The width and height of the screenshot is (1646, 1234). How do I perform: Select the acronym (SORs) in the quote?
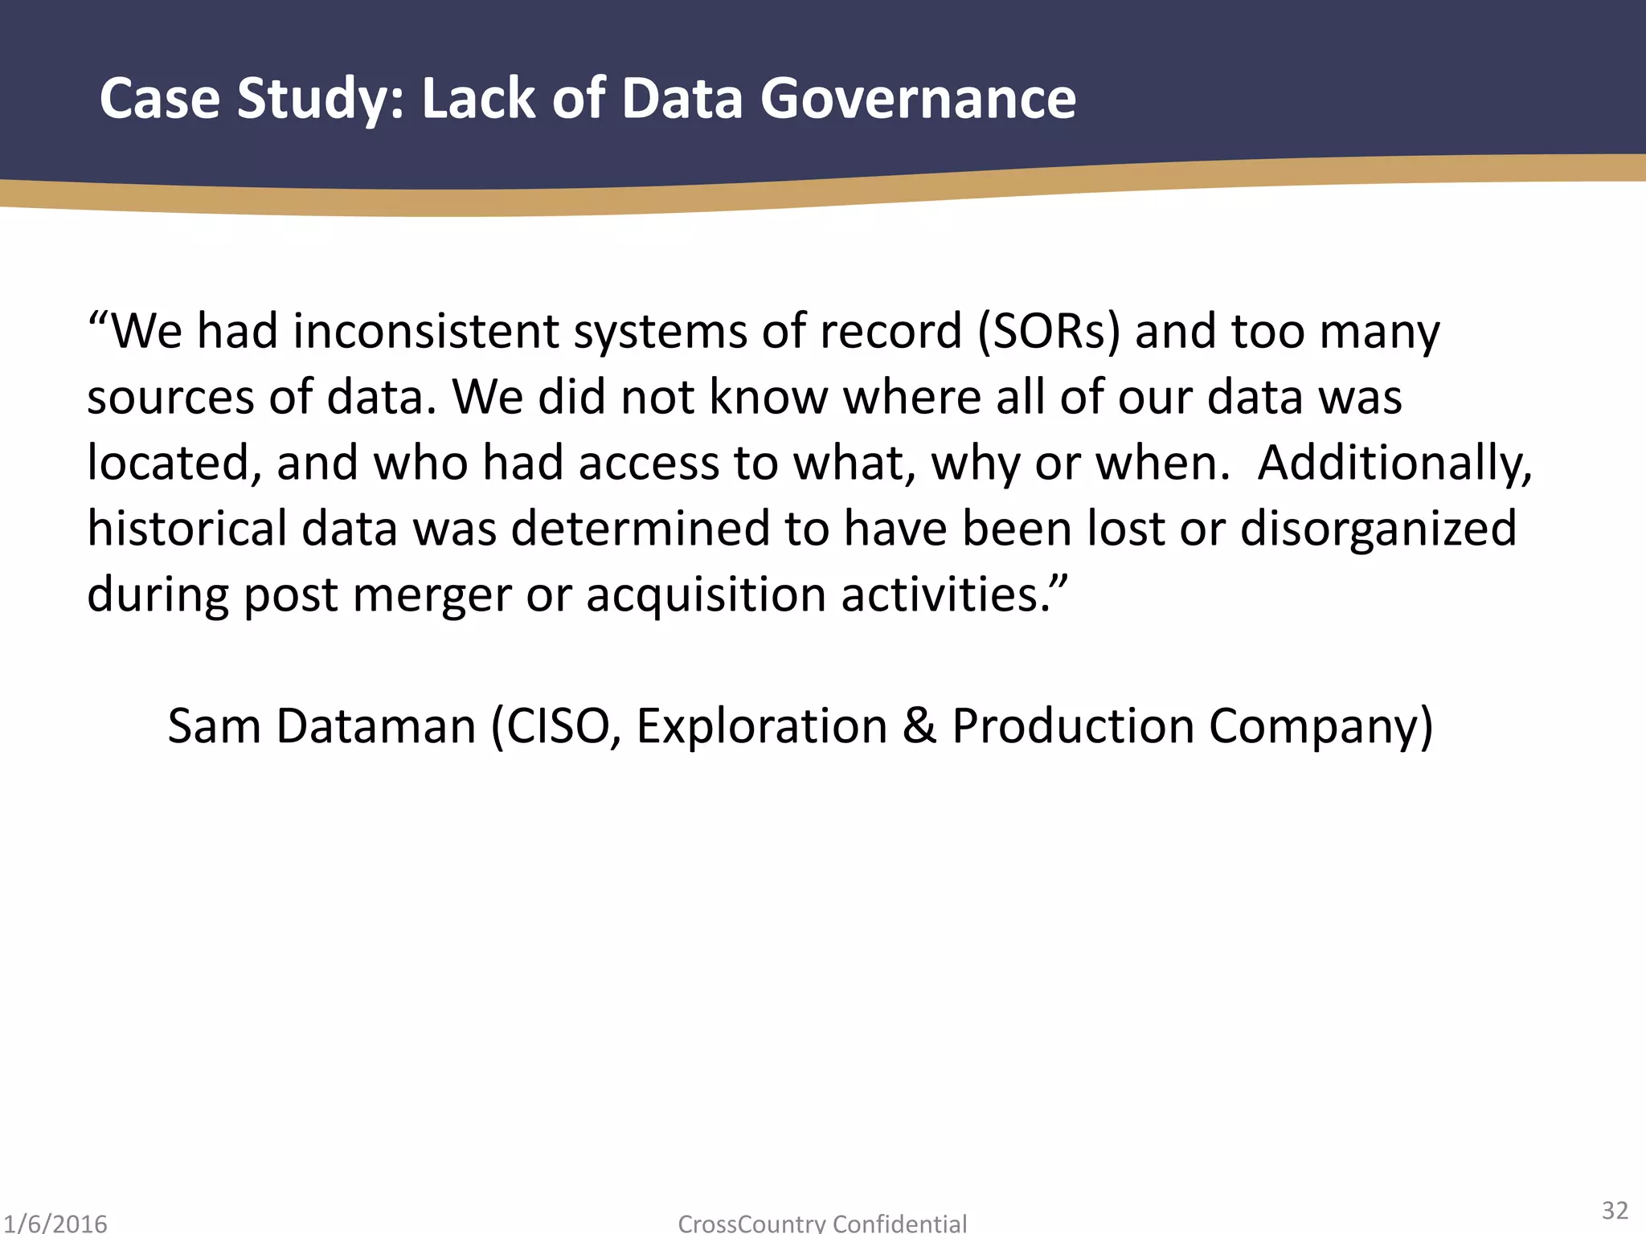(1048, 331)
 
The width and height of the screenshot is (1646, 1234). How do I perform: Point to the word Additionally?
(1394, 464)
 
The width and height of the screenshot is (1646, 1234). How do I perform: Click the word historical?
(186, 529)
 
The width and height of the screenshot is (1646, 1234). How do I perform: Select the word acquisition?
(706, 596)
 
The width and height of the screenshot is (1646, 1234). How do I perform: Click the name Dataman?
(376, 726)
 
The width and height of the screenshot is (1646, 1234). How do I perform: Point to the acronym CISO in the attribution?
(563, 726)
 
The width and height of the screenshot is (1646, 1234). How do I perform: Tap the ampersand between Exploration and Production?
(919, 726)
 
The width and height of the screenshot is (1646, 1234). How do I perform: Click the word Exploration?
(762, 726)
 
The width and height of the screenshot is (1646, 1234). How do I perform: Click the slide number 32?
(1615, 1210)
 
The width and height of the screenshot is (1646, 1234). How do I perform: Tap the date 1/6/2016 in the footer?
(55, 1224)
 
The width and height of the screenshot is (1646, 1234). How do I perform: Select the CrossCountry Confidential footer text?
(822, 1224)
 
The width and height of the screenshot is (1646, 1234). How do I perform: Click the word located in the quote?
(174, 464)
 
